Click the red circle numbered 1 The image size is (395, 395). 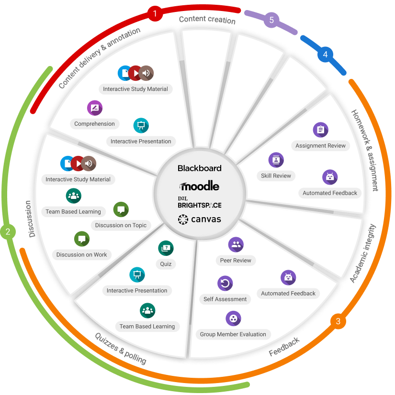coord(155,13)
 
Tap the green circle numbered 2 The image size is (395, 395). coord(8,232)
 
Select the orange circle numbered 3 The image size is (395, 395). coord(338,321)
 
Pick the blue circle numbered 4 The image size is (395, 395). coord(325,55)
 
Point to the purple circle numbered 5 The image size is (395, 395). coord(271,20)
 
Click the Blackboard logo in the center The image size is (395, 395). coord(200,168)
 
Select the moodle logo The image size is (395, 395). coord(200,186)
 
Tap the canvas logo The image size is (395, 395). coord(200,219)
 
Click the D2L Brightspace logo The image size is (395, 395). coord(200,202)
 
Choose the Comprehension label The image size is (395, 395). coord(94,124)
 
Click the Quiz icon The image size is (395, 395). coord(166,248)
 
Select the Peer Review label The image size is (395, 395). coord(236,261)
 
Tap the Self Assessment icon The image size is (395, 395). coord(225,284)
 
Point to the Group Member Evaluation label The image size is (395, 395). coord(233,334)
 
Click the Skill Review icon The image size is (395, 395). coord(276,160)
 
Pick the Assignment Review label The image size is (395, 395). coord(320,146)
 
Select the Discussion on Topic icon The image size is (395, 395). coord(121,209)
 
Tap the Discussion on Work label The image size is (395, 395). coord(81,255)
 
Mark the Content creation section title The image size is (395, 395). coord(207,20)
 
